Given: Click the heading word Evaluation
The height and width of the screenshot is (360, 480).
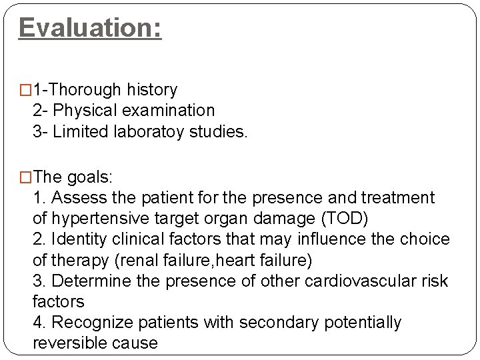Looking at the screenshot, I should tap(89, 28).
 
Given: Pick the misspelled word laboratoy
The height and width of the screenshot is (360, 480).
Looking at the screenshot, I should tap(151, 132).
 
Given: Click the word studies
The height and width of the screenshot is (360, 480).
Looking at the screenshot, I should tap(222, 132).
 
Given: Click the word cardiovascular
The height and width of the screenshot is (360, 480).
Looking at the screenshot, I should tap(359, 281).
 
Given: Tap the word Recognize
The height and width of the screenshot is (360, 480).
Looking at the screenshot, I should tap(91, 323).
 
